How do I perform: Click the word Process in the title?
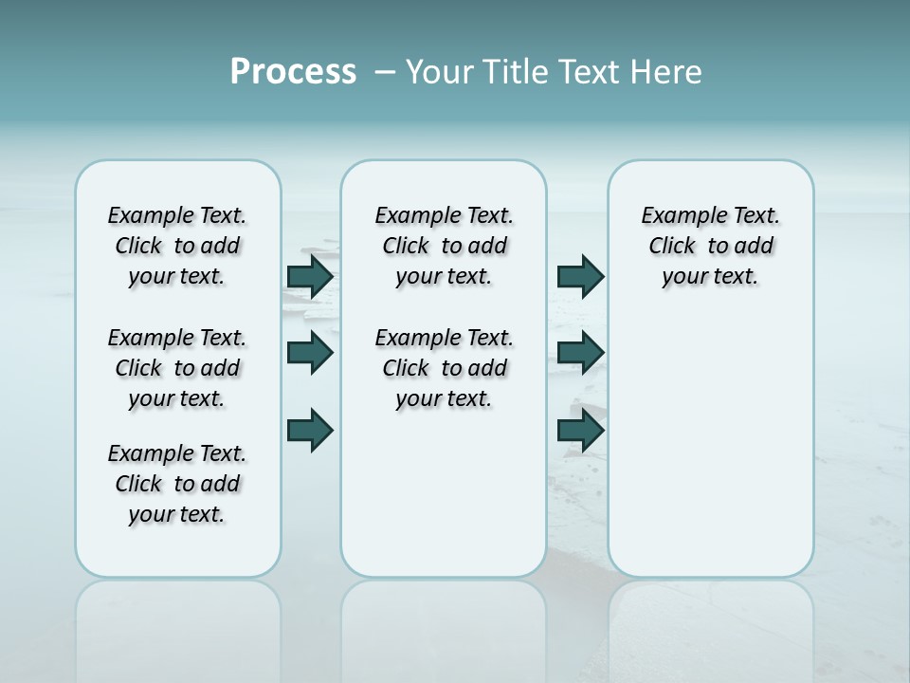(x=293, y=72)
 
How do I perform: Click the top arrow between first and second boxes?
(x=310, y=276)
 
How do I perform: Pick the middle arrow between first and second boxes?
(x=310, y=353)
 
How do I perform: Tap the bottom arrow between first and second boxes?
(x=310, y=430)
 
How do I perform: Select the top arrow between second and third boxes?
(x=580, y=276)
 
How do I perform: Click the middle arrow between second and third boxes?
(x=580, y=353)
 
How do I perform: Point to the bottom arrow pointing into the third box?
(x=580, y=430)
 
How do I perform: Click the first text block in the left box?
(x=177, y=246)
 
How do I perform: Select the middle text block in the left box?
(x=177, y=368)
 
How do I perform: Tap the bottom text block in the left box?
(x=177, y=484)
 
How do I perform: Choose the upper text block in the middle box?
(x=444, y=246)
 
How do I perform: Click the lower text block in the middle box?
(x=444, y=368)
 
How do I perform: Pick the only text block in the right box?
(x=711, y=246)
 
